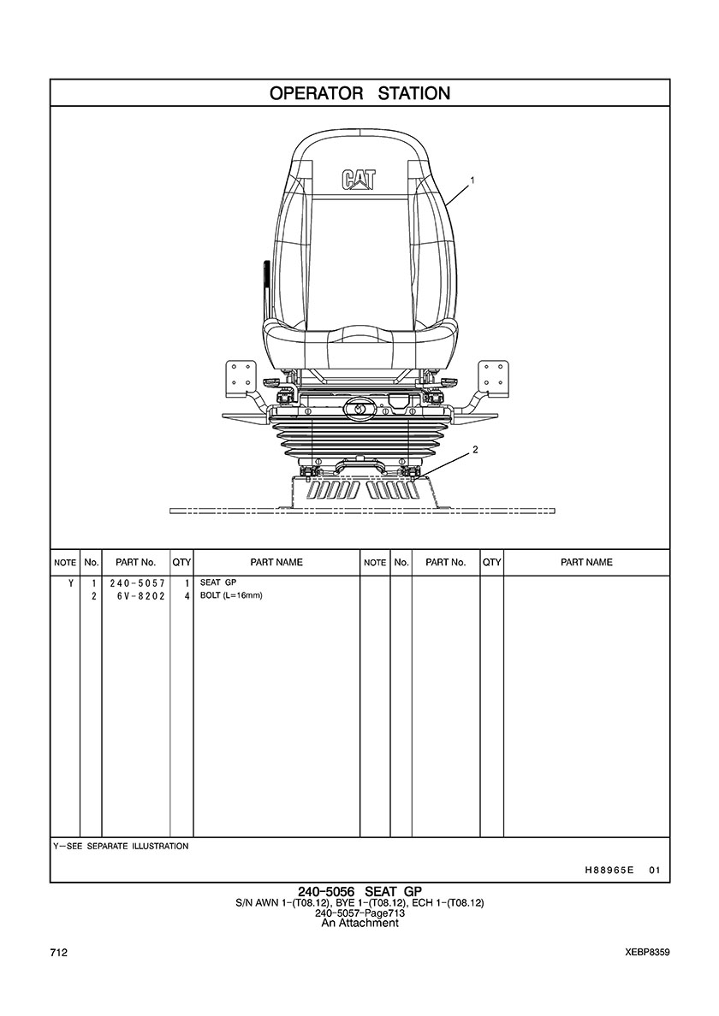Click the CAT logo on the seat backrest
359,180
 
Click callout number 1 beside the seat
472,180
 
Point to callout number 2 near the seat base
475,450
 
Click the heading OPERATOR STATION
359,93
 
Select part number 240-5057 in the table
137,583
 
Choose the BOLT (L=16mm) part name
231,595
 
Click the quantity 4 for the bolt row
187,595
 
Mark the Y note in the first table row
71,583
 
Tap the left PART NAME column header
276,563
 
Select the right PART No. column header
445,563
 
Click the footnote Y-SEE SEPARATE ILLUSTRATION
121,846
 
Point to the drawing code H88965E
609,871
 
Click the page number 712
58,953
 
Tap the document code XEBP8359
647,953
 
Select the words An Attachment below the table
359,923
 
